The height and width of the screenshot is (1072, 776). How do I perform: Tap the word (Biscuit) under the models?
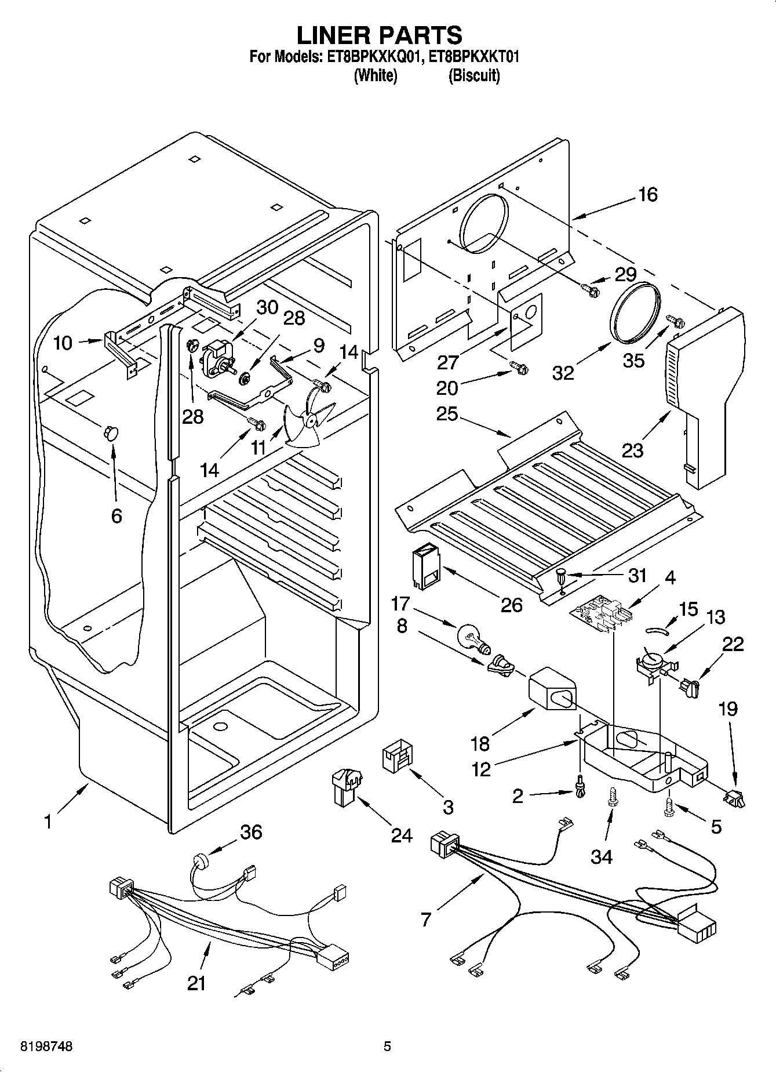(x=473, y=75)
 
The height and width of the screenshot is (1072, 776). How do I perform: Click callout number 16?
(x=647, y=194)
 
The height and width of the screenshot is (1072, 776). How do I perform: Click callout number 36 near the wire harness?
(x=251, y=832)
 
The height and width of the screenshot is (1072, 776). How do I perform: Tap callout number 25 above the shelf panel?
(x=447, y=413)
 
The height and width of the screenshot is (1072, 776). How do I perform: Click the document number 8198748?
(x=46, y=1046)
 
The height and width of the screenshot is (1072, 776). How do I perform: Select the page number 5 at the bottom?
(x=387, y=1046)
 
